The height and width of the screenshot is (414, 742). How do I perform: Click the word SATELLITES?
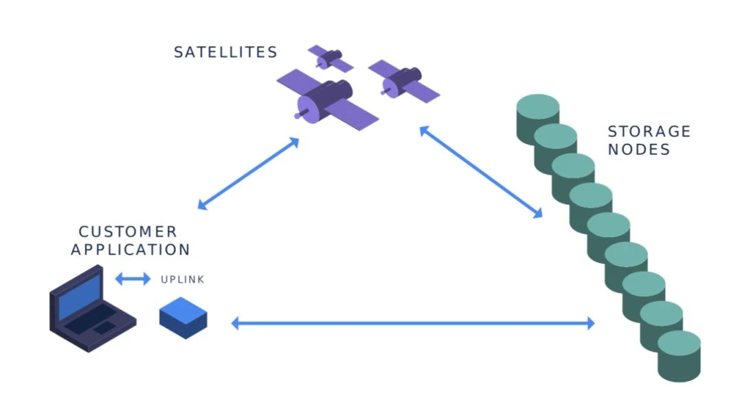225,52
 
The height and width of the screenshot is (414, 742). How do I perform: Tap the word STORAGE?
649,131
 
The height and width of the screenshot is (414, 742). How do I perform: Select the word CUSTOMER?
128,232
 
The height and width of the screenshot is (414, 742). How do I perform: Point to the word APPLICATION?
131,250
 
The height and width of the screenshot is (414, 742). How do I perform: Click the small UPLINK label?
182,280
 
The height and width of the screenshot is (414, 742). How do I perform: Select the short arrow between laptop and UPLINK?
133,279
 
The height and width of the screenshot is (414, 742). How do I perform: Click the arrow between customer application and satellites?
248,173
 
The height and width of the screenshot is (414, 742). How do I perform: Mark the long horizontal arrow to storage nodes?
412,323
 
